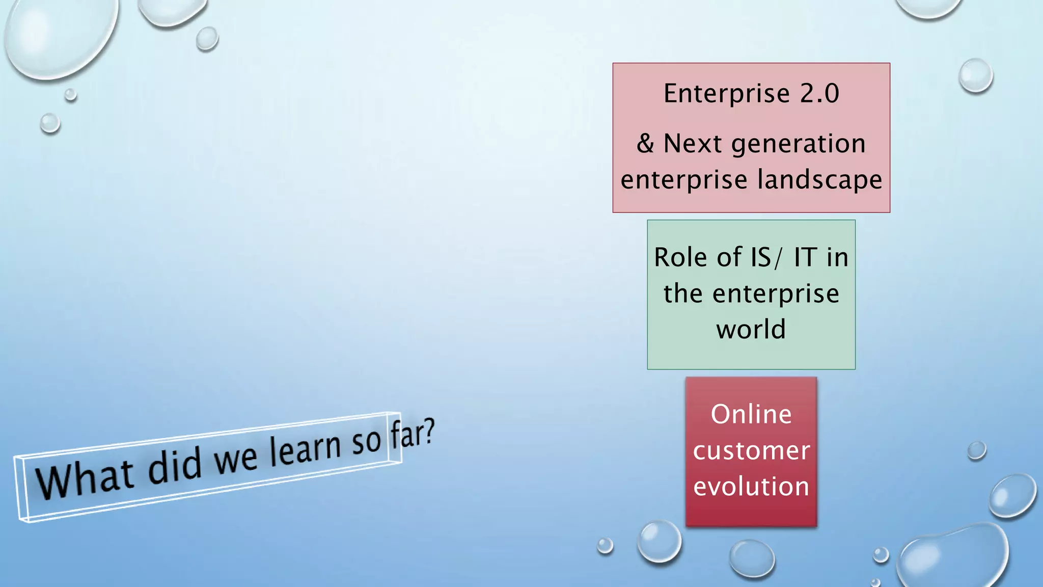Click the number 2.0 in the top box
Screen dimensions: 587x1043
(819, 93)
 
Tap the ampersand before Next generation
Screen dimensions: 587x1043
(645, 143)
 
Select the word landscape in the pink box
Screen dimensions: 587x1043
(820, 180)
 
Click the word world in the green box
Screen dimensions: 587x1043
(751, 329)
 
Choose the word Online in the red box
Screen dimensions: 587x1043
(751, 414)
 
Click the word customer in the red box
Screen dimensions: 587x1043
(751, 451)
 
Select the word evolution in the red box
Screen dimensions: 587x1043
(751, 487)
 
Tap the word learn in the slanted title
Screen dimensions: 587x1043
(305, 449)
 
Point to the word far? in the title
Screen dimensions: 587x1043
(413, 433)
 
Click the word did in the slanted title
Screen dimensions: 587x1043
(175, 465)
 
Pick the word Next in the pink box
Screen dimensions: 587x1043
(693, 144)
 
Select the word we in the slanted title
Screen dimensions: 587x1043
(235, 458)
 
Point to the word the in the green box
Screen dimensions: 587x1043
(682, 293)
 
